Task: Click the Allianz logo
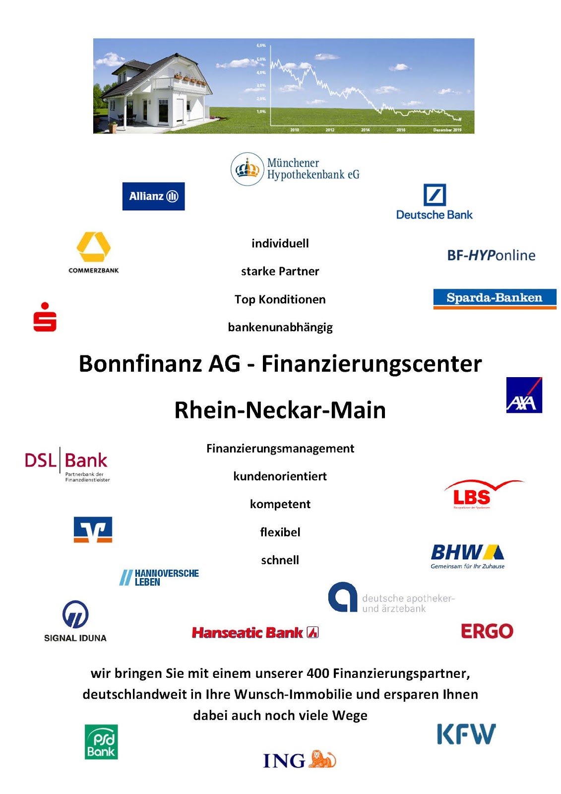pos(153,196)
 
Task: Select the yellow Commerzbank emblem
pos(93,246)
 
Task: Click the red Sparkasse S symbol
pos(45,317)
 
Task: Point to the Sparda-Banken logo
pos(495,298)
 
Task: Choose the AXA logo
pos(524,395)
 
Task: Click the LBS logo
pos(473,495)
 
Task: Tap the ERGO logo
pos(487,631)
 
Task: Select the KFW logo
pos(466,734)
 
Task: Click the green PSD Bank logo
pos(101,741)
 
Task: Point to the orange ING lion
pos(322,759)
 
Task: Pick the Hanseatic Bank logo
pos(255,632)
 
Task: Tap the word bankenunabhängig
pos(280,327)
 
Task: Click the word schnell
pos(280,560)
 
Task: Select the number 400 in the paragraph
pos(317,673)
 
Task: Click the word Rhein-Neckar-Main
pos(280,410)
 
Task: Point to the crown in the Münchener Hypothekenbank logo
pos(247,169)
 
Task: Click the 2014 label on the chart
pos(365,130)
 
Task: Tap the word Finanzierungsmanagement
pos(280,448)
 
